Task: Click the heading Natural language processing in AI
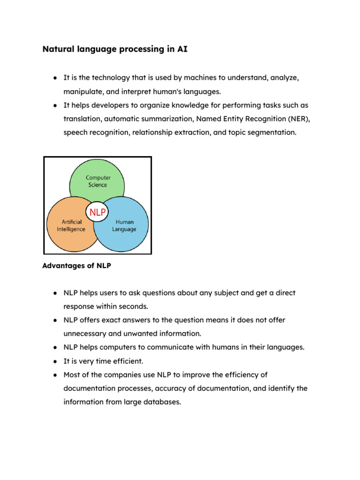[115, 49]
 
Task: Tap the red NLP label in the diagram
[97, 212]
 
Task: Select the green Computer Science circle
[97, 178]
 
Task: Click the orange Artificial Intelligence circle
[68, 230]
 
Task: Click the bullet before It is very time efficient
[55, 361]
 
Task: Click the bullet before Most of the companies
[55, 375]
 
